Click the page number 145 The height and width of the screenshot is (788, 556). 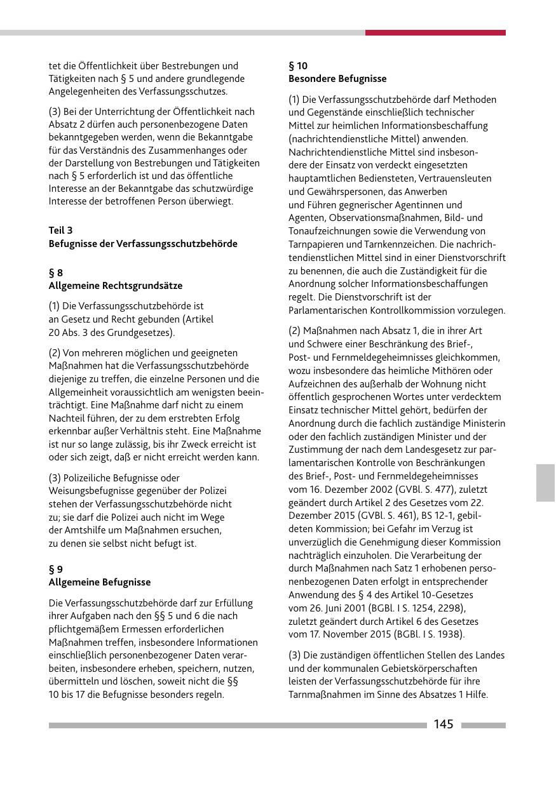click(x=444, y=725)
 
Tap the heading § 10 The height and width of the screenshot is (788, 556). click(x=298, y=65)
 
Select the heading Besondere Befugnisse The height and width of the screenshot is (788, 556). click(x=337, y=79)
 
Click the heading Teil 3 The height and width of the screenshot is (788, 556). click(x=60, y=230)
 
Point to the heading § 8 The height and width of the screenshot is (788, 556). click(x=56, y=272)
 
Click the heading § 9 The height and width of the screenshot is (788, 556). click(x=56, y=569)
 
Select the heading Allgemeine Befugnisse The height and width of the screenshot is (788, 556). click(x=100, y=582)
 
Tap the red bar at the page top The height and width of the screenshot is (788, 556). click(x=435, y=32)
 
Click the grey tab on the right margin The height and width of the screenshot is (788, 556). click(x=545, y=483)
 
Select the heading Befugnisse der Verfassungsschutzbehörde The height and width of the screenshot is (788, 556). click(x=143, y=243)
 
